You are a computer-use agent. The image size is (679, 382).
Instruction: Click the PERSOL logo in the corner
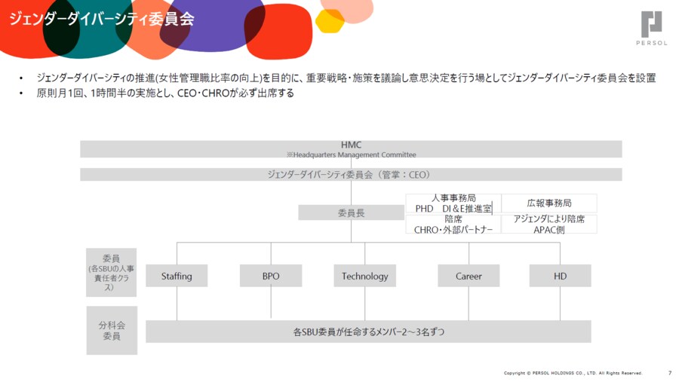[x=653, y=29]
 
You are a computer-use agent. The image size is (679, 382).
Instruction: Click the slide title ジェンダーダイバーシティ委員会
[x=101, y=19]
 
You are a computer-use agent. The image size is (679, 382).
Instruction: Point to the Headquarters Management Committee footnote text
[x=351, y=154]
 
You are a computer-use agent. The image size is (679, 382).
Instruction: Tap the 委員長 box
[x=351, y=213]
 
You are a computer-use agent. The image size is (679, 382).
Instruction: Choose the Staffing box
[x=177, y=276]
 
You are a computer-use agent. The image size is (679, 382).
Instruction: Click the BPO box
[x=271, y=276]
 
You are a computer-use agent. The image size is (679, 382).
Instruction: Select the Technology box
[x=364, y=276]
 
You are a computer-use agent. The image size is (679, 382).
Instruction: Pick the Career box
[x=469, y=276]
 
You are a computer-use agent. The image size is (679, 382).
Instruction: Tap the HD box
[x=560, y=276]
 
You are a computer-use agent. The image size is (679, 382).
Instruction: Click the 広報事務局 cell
[x=548, y=203]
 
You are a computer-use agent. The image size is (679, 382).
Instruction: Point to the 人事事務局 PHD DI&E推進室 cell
[x=453, y=203]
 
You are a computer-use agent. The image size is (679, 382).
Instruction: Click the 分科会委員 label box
[x=112, y=331]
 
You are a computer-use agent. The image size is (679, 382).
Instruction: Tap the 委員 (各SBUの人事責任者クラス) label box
[x=112, y=272]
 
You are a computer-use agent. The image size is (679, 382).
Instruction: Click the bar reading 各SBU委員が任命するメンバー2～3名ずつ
[x=368, y=331]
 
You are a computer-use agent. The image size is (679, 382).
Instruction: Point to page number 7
[x=670, y=373]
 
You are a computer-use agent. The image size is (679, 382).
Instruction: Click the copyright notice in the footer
[x=573, y=373]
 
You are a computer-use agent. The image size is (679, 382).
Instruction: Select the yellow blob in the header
[x=329, y=21]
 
